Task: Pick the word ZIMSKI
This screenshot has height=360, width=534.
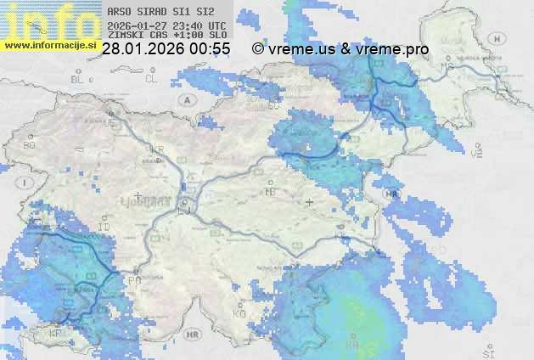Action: coord(123,36)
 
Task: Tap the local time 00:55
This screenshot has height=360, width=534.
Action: coord(211,49)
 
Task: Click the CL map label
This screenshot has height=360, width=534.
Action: coord(151,78)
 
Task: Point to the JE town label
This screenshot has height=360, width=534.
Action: coord(110,122)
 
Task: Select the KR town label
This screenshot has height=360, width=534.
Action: coord(157,149)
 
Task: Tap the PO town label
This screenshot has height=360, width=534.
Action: coord(133,279)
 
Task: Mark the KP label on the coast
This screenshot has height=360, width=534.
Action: coord(56,334)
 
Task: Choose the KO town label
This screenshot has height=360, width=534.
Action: coord(239,314)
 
